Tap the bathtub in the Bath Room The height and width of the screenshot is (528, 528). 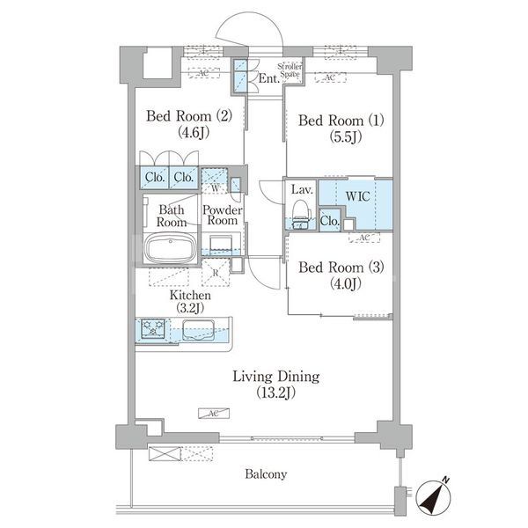coord(170,247)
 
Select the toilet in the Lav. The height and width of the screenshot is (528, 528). coord(300,214)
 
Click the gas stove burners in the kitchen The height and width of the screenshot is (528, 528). coord(153,327)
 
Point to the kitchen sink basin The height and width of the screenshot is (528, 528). coord(199,330)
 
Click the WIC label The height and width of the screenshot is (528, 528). coord(357,196)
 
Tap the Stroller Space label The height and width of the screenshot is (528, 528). coord(290,70)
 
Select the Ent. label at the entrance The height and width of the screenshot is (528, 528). coord(269,78)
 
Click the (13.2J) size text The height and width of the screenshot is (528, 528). coord(275,392)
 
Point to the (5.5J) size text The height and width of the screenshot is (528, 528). coord(346,136)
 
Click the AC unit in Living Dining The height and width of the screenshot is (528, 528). coord(214,414)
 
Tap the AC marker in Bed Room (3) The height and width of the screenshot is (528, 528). coord(364,238)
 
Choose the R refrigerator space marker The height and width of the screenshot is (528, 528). coord(216,272)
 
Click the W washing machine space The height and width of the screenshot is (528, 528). coord(215,180)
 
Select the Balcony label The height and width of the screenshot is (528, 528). coord(266,474)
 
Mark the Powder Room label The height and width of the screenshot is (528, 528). coord(223,216)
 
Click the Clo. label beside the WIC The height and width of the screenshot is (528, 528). coord(330,221)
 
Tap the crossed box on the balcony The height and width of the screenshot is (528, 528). coord(165,453)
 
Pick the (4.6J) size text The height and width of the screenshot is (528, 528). coord(194,132)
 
